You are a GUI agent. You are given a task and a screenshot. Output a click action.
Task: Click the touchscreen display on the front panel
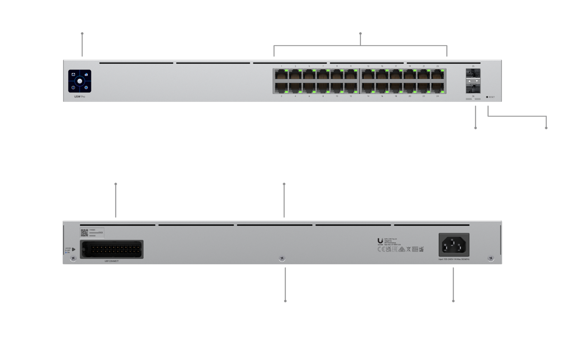coord(80,81)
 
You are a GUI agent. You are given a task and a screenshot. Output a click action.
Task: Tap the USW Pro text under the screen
coord(80,97)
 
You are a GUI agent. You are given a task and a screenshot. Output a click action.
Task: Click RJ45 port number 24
coord(437,88)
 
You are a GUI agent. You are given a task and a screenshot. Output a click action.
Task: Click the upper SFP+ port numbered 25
coord(473,73)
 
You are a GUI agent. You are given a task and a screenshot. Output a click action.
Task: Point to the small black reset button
coord(487,97)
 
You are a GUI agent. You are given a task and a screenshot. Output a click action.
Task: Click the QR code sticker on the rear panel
coord(84,232)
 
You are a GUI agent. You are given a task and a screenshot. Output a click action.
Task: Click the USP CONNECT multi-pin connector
coord(112,249)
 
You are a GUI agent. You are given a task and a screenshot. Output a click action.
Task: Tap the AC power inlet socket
coord(454,245)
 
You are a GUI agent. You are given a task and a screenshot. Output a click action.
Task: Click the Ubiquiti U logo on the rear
coord(380,241)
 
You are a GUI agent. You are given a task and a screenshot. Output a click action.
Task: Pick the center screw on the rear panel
coord(282,259)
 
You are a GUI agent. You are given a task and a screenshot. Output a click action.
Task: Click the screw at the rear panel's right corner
coord(491,259)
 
